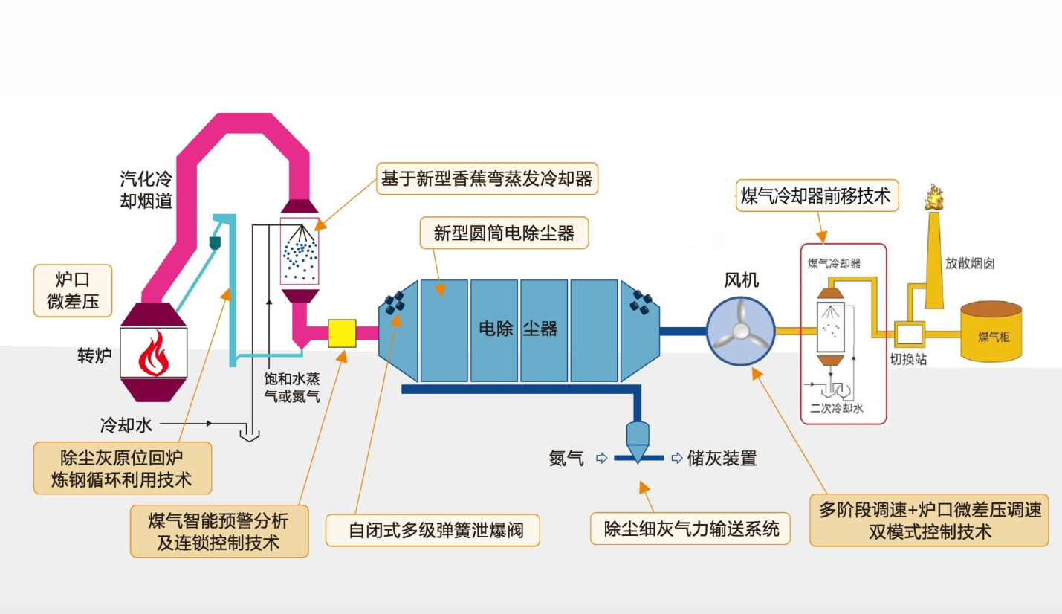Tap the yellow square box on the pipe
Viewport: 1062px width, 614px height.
[x=342, y=332]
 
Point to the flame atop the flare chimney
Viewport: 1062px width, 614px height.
[x=933, y=198]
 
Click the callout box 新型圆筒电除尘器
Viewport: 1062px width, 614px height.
[x=504, y=233]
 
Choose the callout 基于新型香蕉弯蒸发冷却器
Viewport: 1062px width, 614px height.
[x=487, y=179]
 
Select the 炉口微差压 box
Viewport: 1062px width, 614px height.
[x=73, y=291]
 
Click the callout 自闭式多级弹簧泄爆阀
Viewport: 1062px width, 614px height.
[x=433, y=531]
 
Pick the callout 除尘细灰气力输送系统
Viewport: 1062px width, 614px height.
[x=690, y=529]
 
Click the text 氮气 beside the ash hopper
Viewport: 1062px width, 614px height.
[x=566, y=459]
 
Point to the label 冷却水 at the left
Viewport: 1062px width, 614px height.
[x=126, y=425]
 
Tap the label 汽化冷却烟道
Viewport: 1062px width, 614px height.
[x=146, y=190]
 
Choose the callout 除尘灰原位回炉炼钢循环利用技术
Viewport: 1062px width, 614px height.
[x=122, y=468]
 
